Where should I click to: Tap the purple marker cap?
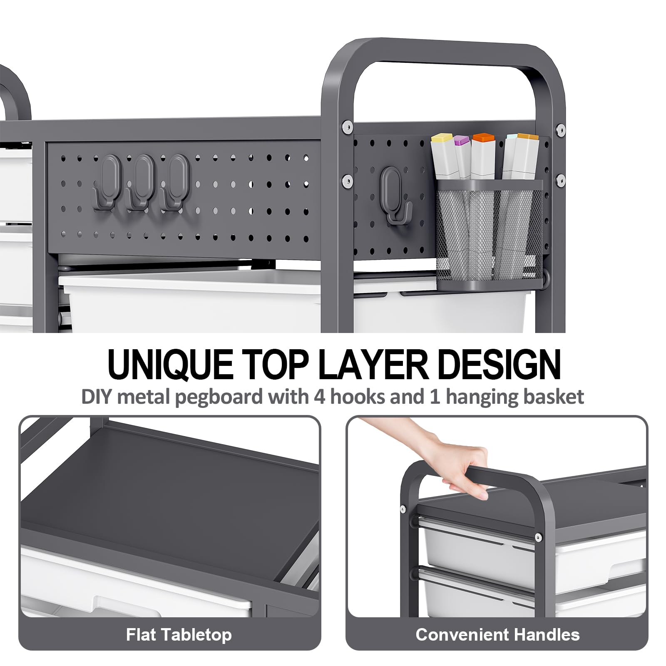pos(461,141)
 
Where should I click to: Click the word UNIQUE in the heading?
pos(170,364)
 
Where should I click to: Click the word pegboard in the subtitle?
pos(219,397)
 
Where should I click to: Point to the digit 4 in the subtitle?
pos(320,396)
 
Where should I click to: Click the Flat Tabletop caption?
pos(179,635)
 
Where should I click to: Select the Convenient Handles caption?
pos(497,635)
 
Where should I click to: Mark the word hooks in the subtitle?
pos(357,396)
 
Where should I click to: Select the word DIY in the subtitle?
pos(97,397)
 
